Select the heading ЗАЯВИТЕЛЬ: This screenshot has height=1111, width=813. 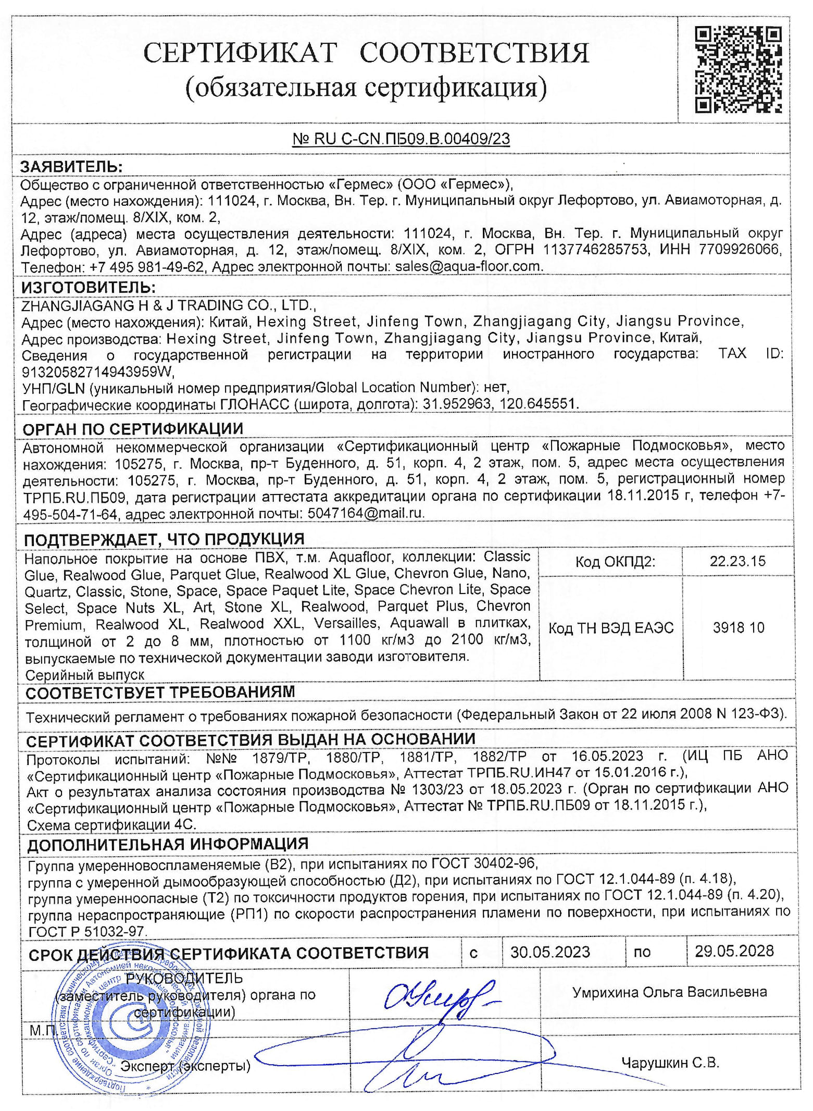pyautogui.click(x=71, y=167)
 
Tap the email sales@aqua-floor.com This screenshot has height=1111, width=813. pyautogui.click(x=468, y=266)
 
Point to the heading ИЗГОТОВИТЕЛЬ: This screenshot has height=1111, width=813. pyautogui.click(x=88, y=287)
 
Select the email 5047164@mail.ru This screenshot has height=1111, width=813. pyautogui.click(x=365, y=513)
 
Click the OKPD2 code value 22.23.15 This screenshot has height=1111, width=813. pyautogui.click(x=737, y=561)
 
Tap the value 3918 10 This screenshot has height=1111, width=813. pyautogui.click(x=738, y=627)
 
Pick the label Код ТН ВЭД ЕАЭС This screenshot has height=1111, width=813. pyautogui.click(x=610, y=628)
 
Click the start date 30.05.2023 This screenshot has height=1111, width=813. pyautogui.click(x=550, y=952)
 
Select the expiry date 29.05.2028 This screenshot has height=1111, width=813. pyautogui.click(x=734, y=951)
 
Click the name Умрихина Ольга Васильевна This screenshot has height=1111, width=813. pyautogui.click(x=669, y=992)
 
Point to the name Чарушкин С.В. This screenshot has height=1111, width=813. pyautogui.click(x=669, y=1062)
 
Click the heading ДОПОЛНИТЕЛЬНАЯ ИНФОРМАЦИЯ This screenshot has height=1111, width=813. pyautogui.click(x=168, y=844)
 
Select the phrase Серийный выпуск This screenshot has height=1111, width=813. pyautogui.click(x=85, y=674)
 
